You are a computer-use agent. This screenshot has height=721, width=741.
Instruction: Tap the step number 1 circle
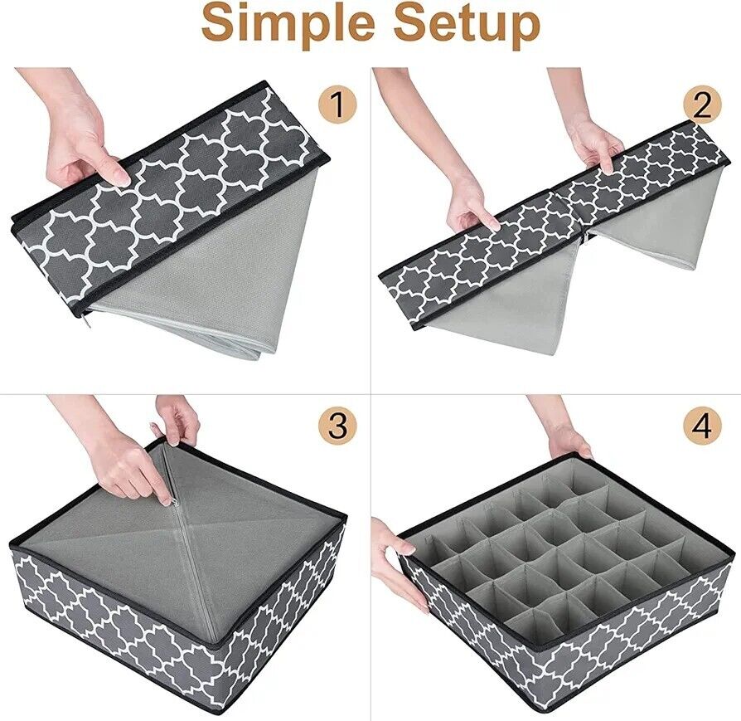click(x=337, y=105)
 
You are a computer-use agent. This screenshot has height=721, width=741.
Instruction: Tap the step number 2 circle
click(x=703, y=106)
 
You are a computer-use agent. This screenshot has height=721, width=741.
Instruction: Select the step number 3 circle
click(x=338, y=426)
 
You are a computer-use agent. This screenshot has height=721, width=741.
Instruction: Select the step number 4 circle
click(x=703, y=426)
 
